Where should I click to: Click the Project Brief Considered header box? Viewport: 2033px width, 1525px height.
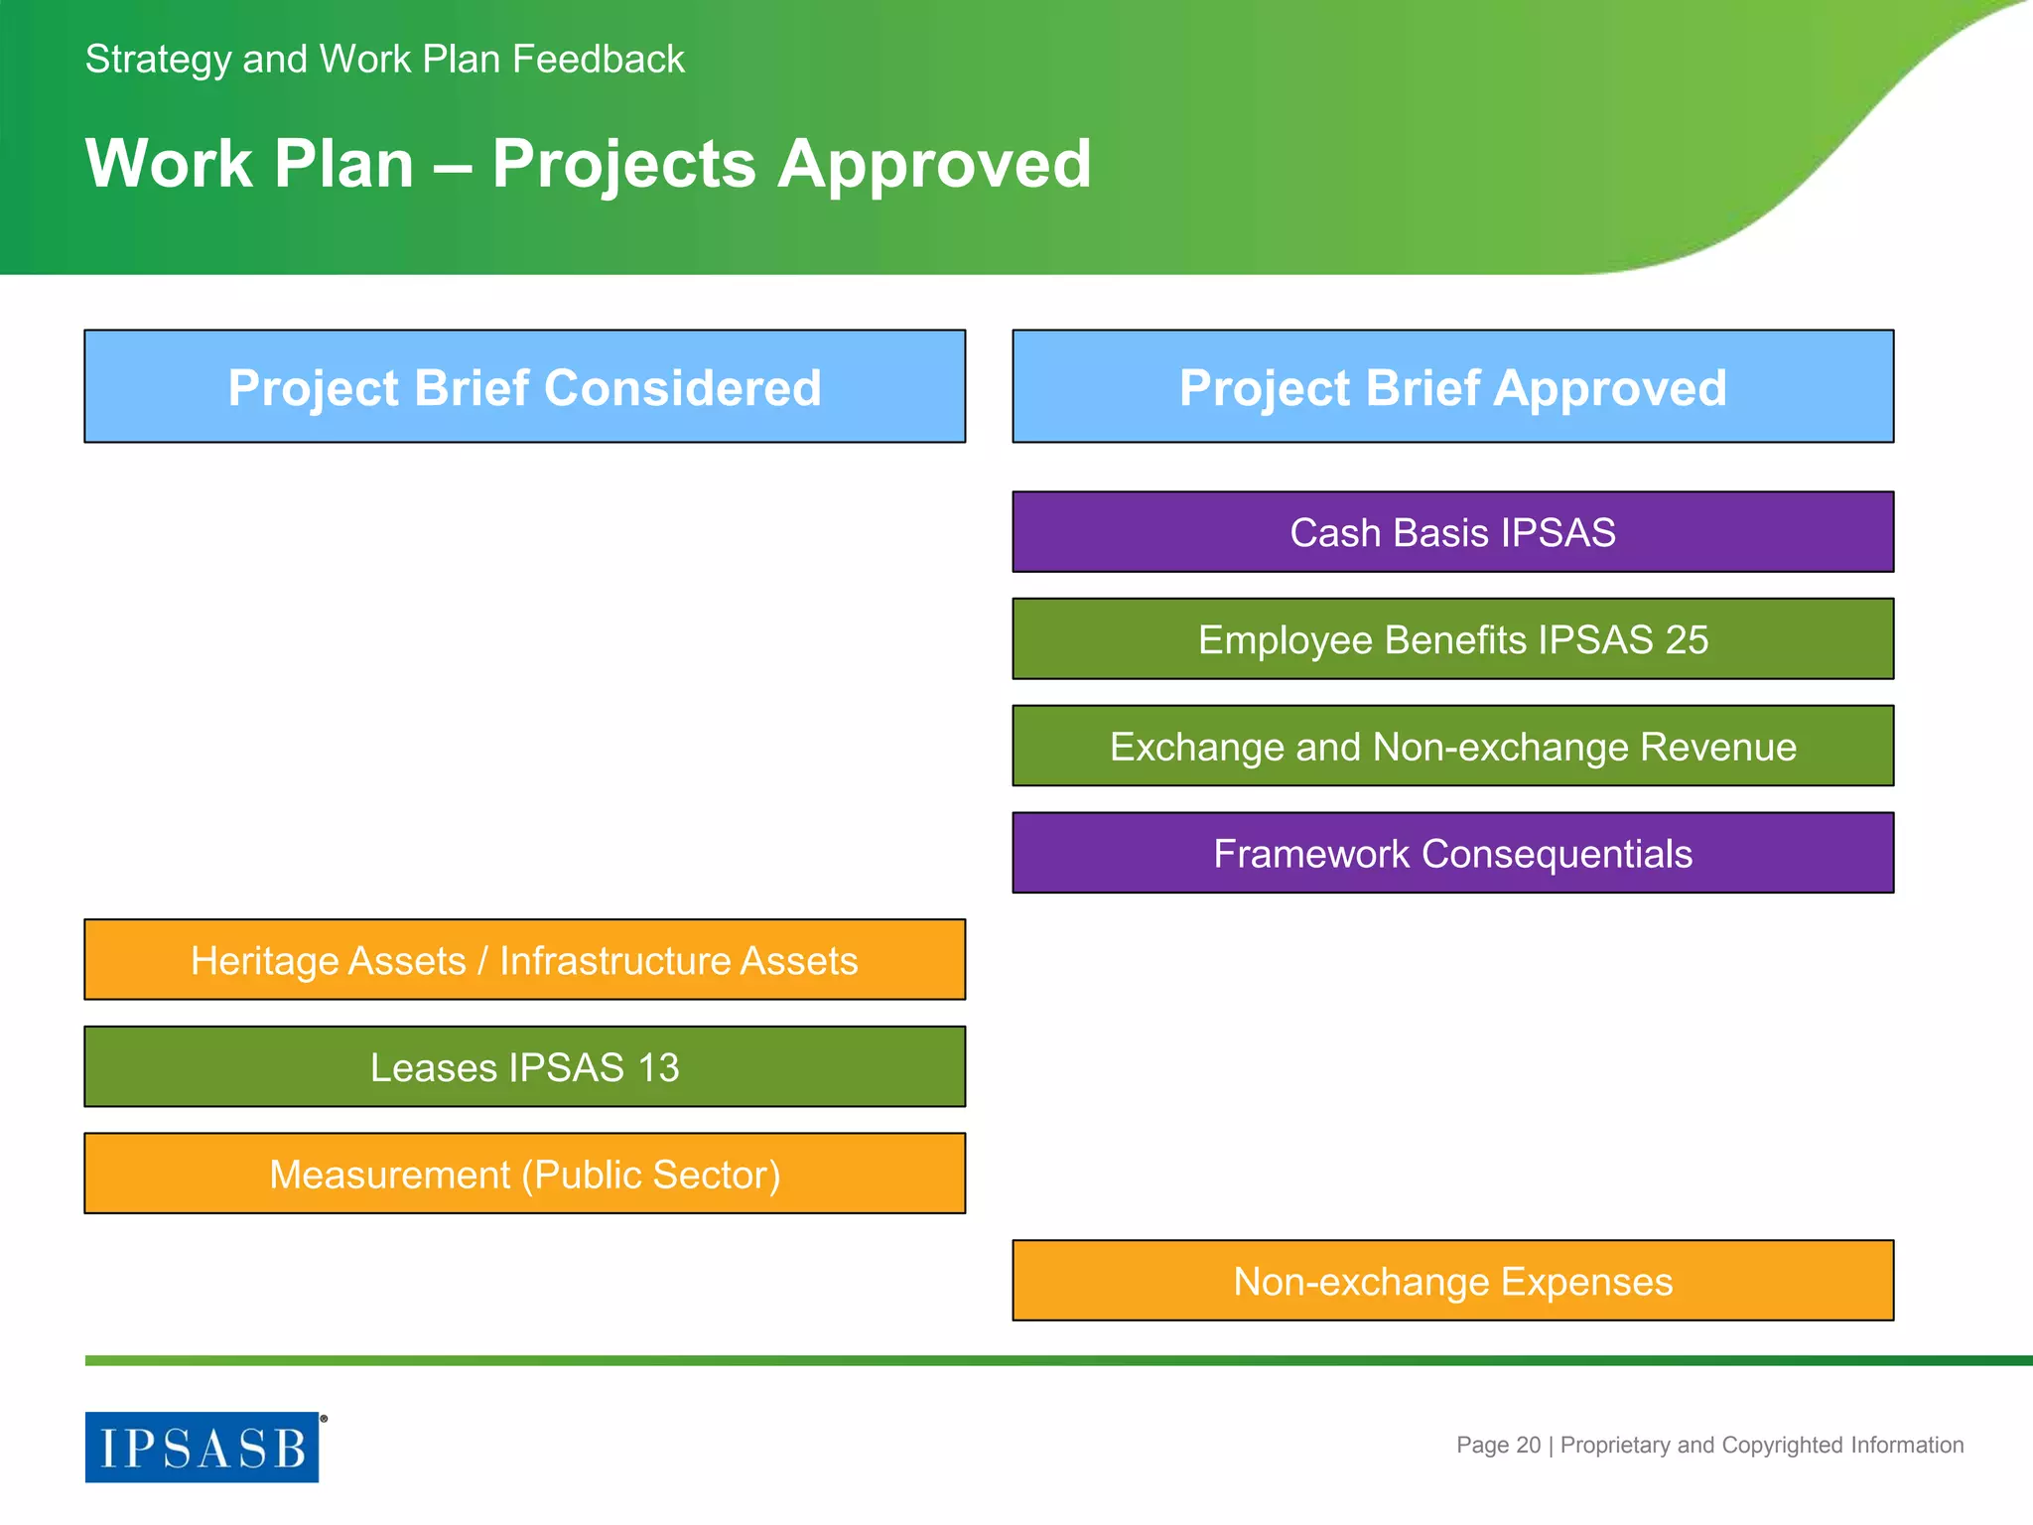coord(524,386)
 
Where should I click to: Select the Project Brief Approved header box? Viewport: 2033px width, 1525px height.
coord(1452,386)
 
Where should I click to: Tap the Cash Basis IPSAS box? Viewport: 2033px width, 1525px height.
coord(1452,532)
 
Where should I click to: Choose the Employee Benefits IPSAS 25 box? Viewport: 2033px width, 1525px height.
coord(1452,639)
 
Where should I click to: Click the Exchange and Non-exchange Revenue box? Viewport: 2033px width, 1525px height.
coord(1452,747)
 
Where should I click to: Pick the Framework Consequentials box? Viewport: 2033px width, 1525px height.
coord(1452,854)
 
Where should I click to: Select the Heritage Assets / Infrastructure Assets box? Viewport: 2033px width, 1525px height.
coord(524,960)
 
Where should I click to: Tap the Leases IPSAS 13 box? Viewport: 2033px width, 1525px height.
coord(524,1067)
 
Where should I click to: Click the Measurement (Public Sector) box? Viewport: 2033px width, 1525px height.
coord(524,1175)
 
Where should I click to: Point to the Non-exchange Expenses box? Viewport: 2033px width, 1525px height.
coord(1452,1282)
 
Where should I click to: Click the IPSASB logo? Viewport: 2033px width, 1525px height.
coord(203,1448)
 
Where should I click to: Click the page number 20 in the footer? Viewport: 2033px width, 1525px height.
coord(1529,1446)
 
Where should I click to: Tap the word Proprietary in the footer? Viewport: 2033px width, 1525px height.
coord(1615,1446)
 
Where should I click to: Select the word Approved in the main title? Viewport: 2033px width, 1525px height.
coord(934,165)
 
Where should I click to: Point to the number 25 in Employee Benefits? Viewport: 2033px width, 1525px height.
coord(1687,640)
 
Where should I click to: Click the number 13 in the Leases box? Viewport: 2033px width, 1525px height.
coord(658,1068)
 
